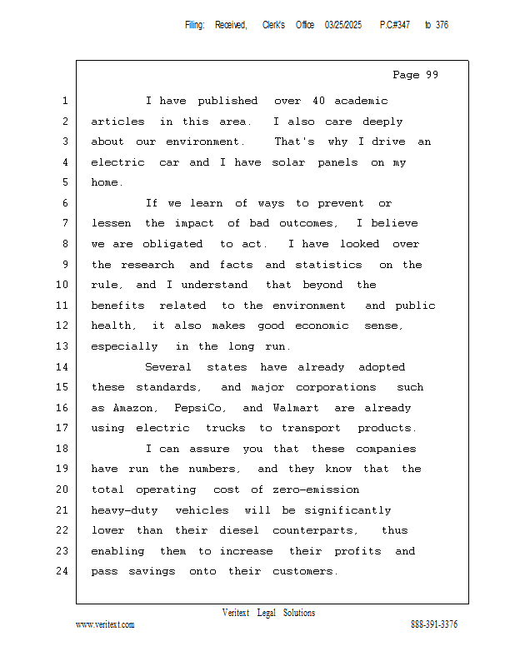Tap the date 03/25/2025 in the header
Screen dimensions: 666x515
click(343, 25)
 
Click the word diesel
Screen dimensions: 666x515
click(239, 530)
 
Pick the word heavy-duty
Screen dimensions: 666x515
click(125, 510)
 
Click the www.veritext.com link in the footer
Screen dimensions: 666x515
click(105, 624)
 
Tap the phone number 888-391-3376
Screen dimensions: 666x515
click(434, 624)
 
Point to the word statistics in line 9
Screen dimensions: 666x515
click(330, 265)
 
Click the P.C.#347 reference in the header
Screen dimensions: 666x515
click(395, 25)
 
